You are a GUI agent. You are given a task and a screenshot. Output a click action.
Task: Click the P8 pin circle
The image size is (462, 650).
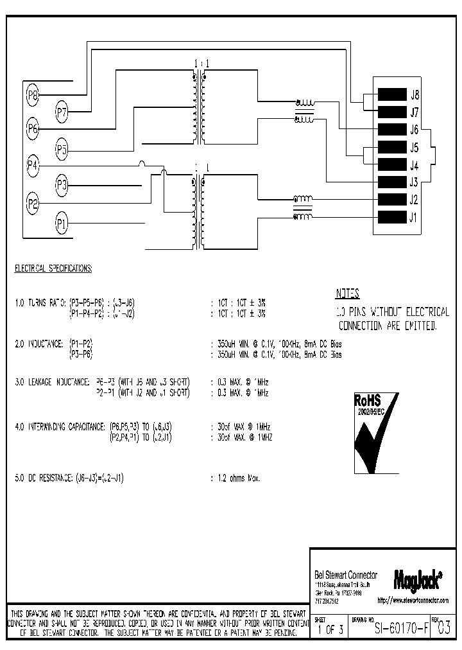pos(33,96)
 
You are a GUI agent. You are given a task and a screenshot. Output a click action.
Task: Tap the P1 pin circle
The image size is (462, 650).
pos(62,224)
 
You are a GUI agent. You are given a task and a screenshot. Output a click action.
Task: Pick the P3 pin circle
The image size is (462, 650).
pos(62,186)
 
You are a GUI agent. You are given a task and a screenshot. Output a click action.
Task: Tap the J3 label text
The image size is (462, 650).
pos(414,182)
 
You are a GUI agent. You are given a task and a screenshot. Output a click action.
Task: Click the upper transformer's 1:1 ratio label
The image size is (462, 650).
pos(200,63)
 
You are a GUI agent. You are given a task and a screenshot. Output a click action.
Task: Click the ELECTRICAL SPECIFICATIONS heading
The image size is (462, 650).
pos(53,268)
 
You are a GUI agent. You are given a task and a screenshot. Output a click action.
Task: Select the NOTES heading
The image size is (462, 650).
pos(348,294)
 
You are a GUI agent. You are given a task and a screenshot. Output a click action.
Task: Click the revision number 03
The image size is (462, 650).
pos(443,629)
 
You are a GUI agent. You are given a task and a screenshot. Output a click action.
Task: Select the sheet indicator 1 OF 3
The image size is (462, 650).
pos(330,629)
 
